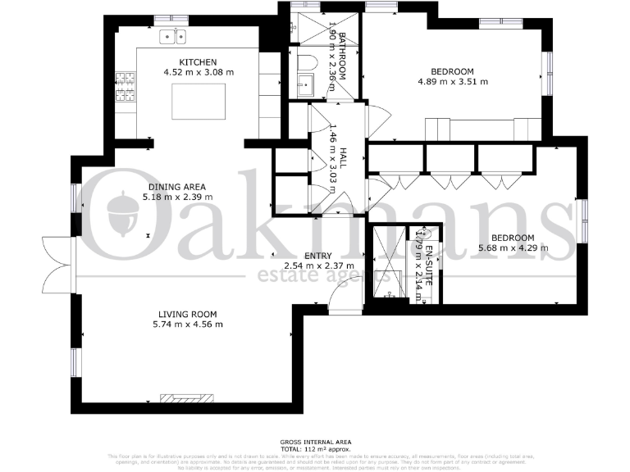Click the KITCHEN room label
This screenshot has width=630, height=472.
[198, 62]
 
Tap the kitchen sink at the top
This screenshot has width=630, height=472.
[173, 36]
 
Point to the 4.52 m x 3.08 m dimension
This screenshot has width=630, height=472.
[198, 72]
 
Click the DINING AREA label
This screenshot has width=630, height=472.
[176, 187]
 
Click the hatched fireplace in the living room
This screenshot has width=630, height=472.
[188, 398]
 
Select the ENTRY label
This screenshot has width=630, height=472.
[317, 256]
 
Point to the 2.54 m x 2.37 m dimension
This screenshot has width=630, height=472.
[318, 265]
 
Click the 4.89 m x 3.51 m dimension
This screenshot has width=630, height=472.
[453, 81]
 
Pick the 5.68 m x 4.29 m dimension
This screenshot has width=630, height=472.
[513, 247]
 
